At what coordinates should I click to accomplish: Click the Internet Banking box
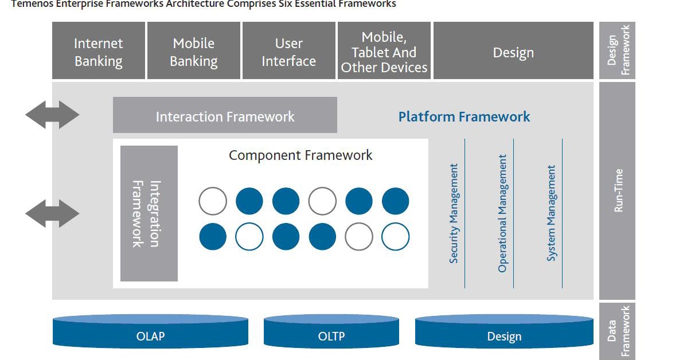(98, 52)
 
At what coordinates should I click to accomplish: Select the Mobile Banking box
(193, 52)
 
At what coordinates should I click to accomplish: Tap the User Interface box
(288, 52)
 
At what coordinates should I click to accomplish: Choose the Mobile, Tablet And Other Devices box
(384, 52)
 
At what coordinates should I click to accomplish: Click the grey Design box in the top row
(513, 52)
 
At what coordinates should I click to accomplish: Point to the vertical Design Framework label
(618, 50)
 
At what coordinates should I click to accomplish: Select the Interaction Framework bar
(225, 116)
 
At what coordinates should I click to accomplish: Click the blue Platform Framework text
(464, 117)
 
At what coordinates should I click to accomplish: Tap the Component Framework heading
(300, 155)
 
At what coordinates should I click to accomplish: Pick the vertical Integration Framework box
(149, 213)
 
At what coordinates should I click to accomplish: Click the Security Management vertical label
(454, 213)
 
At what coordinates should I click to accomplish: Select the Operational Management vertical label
(502, 213)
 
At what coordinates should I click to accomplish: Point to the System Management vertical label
(551, 213)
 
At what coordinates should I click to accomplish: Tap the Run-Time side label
(618, 190)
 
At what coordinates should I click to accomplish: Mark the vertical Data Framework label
(618, 331)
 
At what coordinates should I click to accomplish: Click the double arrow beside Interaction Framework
(52, 115)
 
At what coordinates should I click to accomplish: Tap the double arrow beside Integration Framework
(52, 213)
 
